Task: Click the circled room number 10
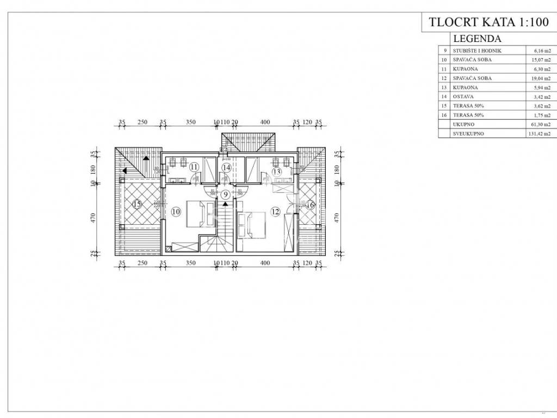175,212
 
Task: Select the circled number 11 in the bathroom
194,167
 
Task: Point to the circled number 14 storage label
226,167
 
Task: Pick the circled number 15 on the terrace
137,205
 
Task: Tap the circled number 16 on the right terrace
310,205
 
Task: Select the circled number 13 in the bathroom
276,172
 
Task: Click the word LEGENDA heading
477,39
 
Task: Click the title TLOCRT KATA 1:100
481,22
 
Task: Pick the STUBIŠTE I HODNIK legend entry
477,51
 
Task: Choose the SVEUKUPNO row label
468,134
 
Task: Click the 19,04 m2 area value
541,78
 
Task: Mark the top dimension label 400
265,122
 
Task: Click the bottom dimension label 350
190,263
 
